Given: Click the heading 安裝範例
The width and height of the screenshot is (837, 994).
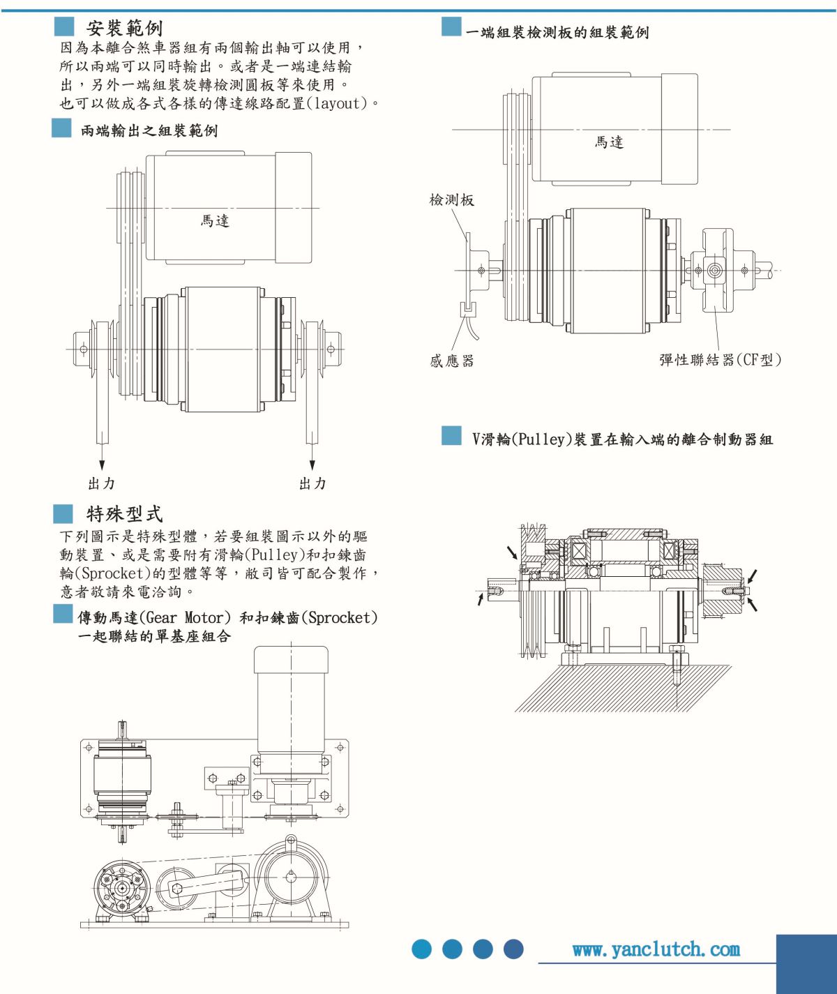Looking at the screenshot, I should (x=124, y=28).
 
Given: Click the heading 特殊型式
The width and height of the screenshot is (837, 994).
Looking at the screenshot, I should (x=124, y=514).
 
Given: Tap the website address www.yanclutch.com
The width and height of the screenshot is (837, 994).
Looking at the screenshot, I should (x=656, y=949).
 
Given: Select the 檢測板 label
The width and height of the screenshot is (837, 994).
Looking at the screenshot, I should (x=451, y=200).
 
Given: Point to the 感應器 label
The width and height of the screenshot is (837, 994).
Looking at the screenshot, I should (x=451, y=361).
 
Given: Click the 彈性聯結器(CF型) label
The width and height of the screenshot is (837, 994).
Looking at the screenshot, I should (x=720, y=360).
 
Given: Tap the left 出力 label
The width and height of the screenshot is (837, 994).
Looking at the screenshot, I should (x=102, y=483).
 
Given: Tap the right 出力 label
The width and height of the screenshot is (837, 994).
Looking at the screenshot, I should (x=312, y=483).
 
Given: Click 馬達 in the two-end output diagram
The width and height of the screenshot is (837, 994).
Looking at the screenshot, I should (x=215, y=221).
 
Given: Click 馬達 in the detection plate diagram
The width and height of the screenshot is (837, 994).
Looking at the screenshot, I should (x=609, y=142).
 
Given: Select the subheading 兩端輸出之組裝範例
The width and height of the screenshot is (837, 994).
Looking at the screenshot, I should (x=149, y=130).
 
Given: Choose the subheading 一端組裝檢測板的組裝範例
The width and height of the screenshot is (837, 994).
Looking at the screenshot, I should (x=557, y=32).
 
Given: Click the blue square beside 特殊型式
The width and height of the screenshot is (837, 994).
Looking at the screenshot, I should (x=63, y=514).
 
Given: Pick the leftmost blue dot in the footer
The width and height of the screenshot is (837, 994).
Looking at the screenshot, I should (x=422, y=949).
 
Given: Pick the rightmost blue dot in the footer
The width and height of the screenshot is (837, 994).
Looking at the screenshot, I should (x=513, y=949).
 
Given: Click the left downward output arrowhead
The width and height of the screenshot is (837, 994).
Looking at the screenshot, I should (x=102, y=465).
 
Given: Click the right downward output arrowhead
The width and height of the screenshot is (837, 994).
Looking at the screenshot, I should (x=312, y=465).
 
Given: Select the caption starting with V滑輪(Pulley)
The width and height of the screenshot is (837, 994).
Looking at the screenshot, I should (x=622, y=439).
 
